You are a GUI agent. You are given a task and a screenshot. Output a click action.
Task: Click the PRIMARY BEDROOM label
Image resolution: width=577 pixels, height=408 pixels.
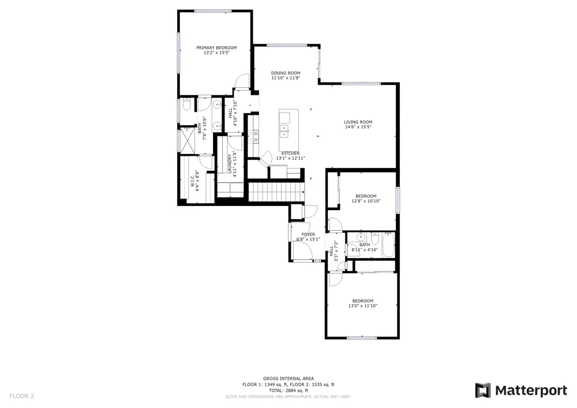(x=216, y=48)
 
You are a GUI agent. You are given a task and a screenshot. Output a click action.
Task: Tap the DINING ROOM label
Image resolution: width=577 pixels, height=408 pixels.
(x=286, y=73)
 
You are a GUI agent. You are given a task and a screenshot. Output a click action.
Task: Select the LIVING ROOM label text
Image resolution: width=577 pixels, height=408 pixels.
(x=358, y=122)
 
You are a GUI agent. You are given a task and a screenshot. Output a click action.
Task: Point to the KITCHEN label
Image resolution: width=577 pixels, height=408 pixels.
(x=290, y=154)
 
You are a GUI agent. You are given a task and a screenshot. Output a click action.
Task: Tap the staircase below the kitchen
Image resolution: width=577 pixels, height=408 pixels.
(x=277, y=192)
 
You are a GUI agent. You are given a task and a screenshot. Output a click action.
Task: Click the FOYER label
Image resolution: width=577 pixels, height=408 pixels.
(x=308, y=235)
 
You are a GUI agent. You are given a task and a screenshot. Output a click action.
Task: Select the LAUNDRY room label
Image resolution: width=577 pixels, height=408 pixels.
(x=229, y=164)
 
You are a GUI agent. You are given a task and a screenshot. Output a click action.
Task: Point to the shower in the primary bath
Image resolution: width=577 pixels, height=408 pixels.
(x=188, y=140)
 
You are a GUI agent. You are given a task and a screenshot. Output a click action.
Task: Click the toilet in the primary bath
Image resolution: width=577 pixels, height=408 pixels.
(x=186, y=104)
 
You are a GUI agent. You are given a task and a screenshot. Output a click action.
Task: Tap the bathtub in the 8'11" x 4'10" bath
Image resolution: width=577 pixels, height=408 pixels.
(x=388, y=245)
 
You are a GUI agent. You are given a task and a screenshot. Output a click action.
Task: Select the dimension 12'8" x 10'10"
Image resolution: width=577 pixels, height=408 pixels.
(x=366, y=201)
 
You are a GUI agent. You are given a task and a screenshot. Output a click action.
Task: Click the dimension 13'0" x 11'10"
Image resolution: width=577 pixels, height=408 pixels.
(x=363, y=306)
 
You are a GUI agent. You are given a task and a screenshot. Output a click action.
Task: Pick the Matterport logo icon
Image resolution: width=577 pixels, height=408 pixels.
(x=483, y=390)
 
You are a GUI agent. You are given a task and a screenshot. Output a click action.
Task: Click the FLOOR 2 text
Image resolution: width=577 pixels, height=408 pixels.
(x=22, y=396)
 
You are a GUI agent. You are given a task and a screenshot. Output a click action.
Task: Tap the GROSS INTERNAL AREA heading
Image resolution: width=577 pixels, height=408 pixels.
(x=288, y=379)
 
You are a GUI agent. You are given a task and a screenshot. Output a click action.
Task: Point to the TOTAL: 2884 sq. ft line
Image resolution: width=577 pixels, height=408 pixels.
(x=288, y=391)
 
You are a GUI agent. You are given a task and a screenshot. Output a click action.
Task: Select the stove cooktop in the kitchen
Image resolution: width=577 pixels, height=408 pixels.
(x=253, y=137)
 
